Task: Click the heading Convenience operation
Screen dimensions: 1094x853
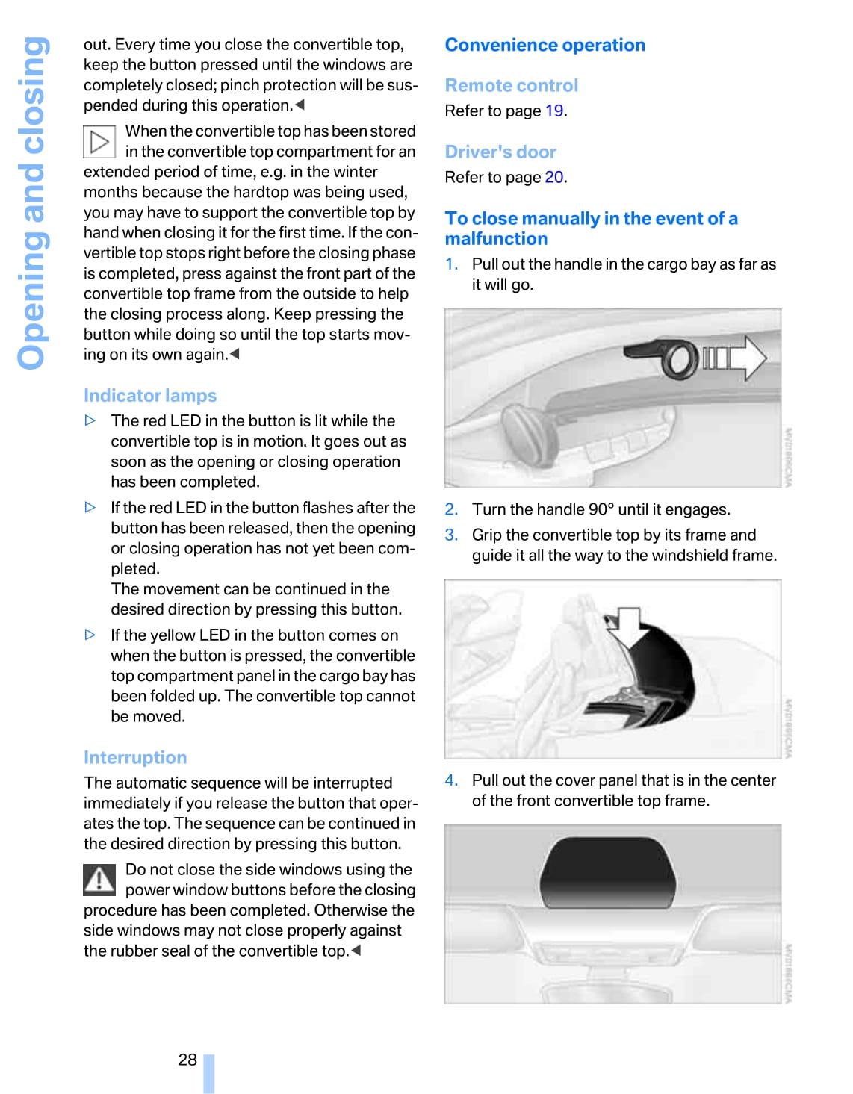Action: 545,45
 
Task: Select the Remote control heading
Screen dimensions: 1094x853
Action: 512,86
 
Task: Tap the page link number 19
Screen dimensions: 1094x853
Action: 554,111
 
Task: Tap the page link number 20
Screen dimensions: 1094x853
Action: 554,178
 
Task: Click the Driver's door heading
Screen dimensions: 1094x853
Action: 500,152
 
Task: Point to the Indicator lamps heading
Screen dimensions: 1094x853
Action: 150,396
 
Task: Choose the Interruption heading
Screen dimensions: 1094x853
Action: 135,758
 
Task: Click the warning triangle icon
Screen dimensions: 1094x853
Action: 99,880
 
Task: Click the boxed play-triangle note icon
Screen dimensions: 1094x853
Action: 99,142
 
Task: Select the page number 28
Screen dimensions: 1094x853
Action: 187,1060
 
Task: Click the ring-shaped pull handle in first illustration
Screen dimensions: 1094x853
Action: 677,358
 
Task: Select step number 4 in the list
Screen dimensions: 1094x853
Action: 451,780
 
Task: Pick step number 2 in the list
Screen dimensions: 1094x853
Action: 451,510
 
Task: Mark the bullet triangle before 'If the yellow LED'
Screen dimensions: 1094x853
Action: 90,635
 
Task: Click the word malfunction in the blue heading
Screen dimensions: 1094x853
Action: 496,239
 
